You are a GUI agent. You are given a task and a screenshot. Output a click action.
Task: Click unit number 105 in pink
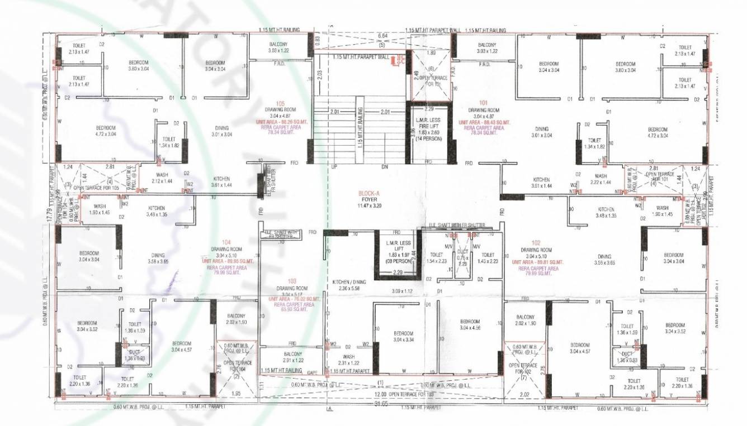click(280, 104)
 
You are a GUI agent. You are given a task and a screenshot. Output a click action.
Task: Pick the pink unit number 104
click(226, 242)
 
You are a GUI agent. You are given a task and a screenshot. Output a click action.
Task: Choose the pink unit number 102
click(536, 242)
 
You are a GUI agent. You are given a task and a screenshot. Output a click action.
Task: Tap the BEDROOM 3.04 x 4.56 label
click(470, 324)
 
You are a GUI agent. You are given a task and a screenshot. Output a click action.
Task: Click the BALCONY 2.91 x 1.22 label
click(292, 357)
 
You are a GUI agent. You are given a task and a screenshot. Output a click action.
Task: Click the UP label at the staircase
click(334, 167)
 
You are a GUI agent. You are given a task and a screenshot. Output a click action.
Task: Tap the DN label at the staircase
click(384, 167)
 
